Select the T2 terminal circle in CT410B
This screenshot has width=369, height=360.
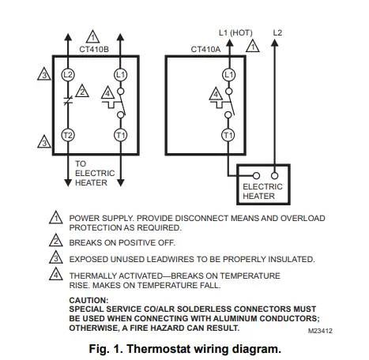pos(67,136)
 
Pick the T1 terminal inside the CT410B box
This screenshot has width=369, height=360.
pos(119,136)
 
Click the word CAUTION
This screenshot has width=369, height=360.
pos(88,300)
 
